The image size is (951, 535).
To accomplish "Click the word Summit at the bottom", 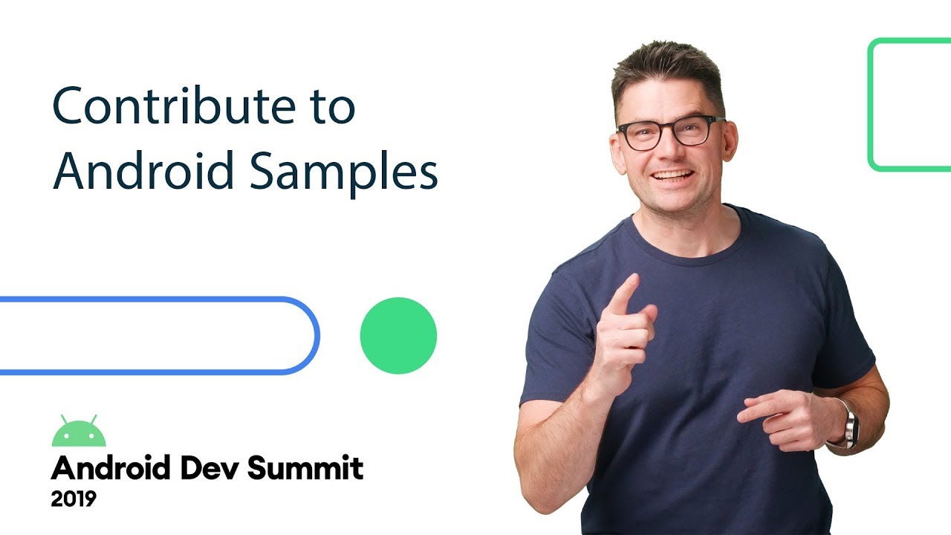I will (x=305, y=468).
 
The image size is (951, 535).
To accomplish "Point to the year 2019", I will (x=74, y=499).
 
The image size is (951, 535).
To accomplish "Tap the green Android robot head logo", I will (x=79, y=432).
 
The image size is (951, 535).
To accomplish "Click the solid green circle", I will (x=398, y=336).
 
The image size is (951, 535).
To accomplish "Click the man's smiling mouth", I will (x=672, y=177).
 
